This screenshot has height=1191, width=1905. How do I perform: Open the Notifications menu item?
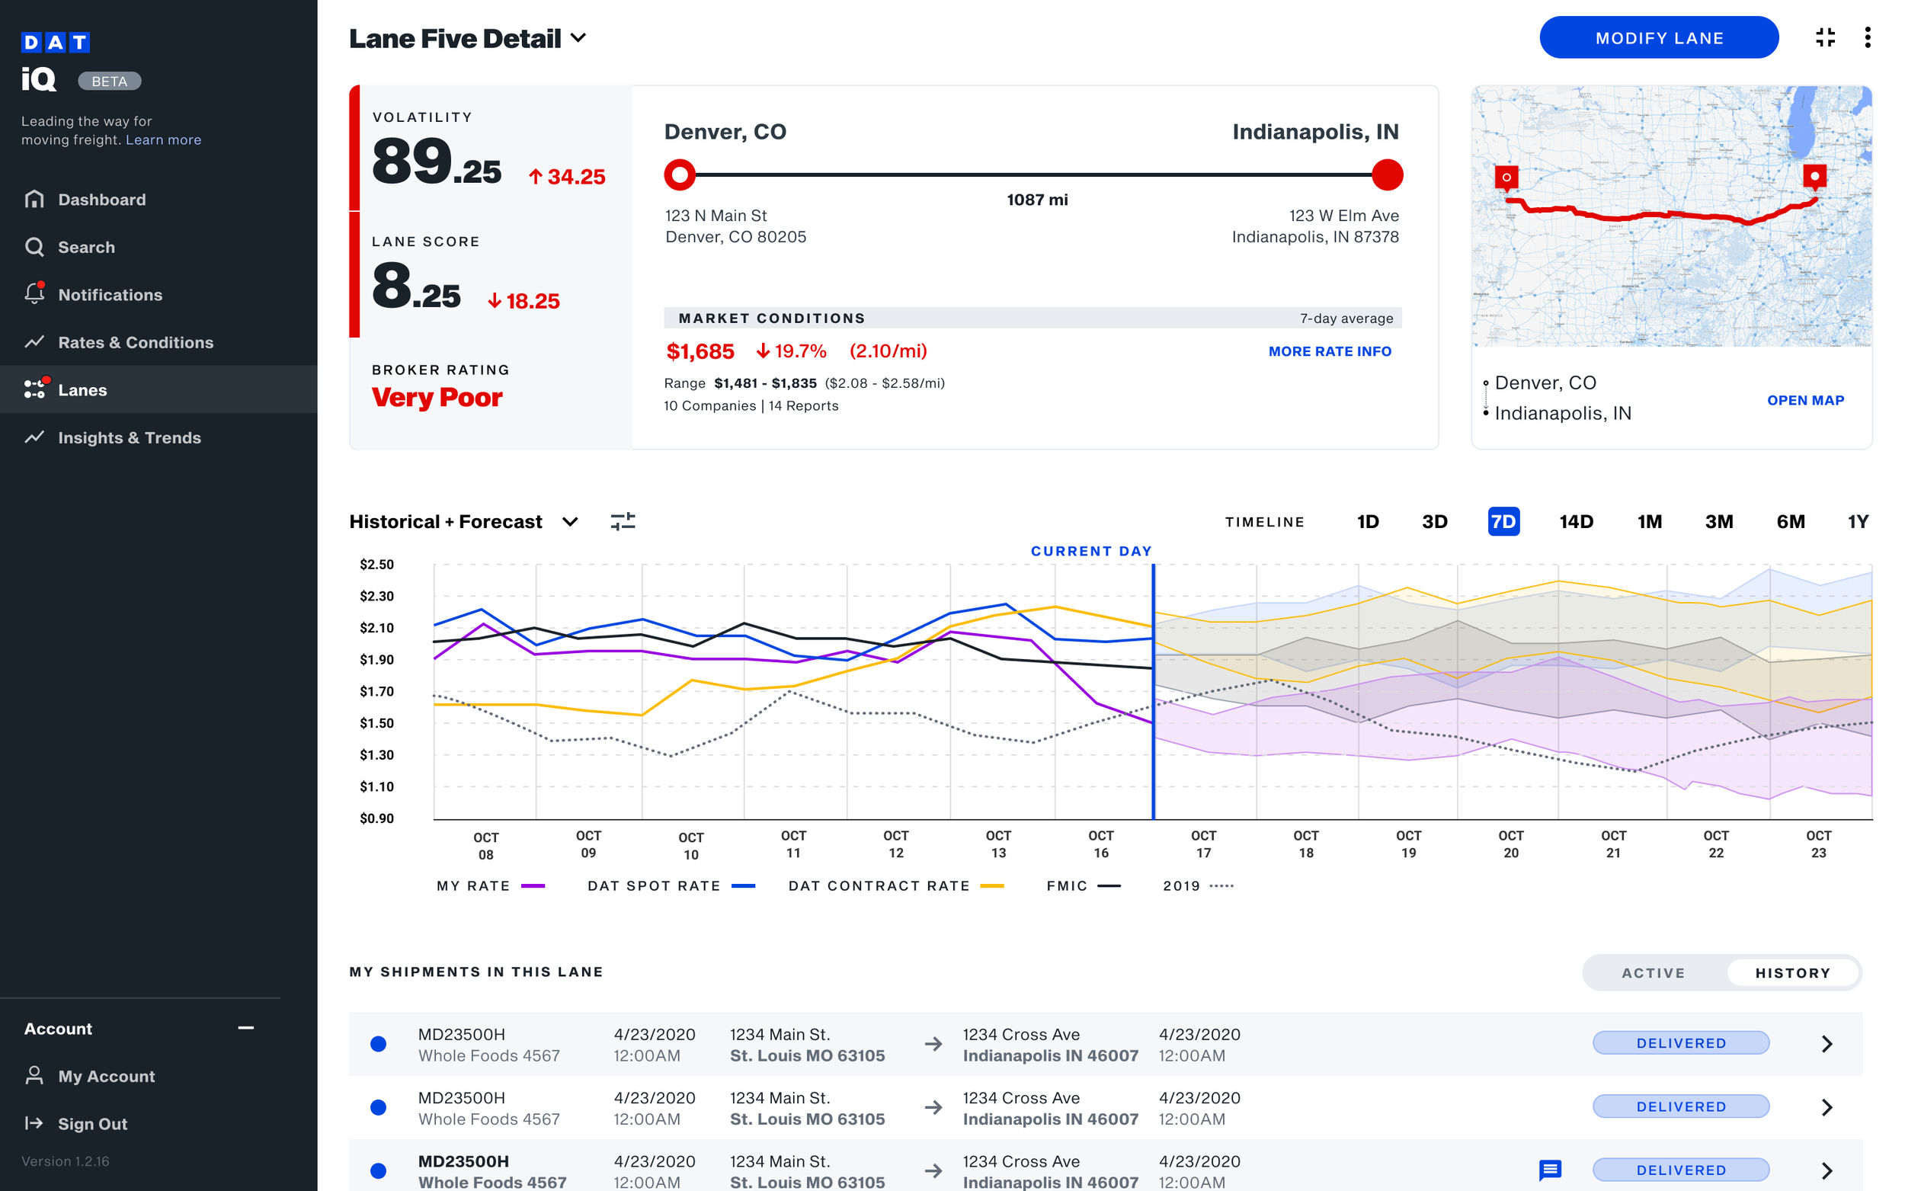click(x=110, y=295)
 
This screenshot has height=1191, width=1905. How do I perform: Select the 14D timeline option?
click(x=1575, y=521)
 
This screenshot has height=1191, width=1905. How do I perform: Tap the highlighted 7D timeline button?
click(x=1503, y=521)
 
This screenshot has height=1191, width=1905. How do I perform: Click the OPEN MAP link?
click(x=1804, y=400)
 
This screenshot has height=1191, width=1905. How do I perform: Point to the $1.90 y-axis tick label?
click(x=376, y=659)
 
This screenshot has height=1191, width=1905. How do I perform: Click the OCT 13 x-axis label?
click(x=997, y=844)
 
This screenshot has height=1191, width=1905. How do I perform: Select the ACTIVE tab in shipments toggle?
click(x=1653, y=973)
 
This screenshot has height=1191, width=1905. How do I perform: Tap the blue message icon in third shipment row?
click(x=1549, y=1170)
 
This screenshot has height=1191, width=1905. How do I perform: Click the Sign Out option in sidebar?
click(x=92, y=1123)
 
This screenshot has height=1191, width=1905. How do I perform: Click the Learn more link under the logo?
click(x=163, y=140)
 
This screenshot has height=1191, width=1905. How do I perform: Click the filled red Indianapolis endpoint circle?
click(x=1387, y=174)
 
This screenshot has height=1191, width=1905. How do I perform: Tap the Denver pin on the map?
click(x=1506, y=178)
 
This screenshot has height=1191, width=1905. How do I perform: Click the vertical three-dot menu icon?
click(x=1867, y=38)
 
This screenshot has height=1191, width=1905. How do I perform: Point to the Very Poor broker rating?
click(x=437, y=397)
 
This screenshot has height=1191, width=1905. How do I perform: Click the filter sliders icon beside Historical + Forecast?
click(x=622, y=521)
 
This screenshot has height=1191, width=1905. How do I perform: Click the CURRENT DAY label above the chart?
click(x=1090, y=551)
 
